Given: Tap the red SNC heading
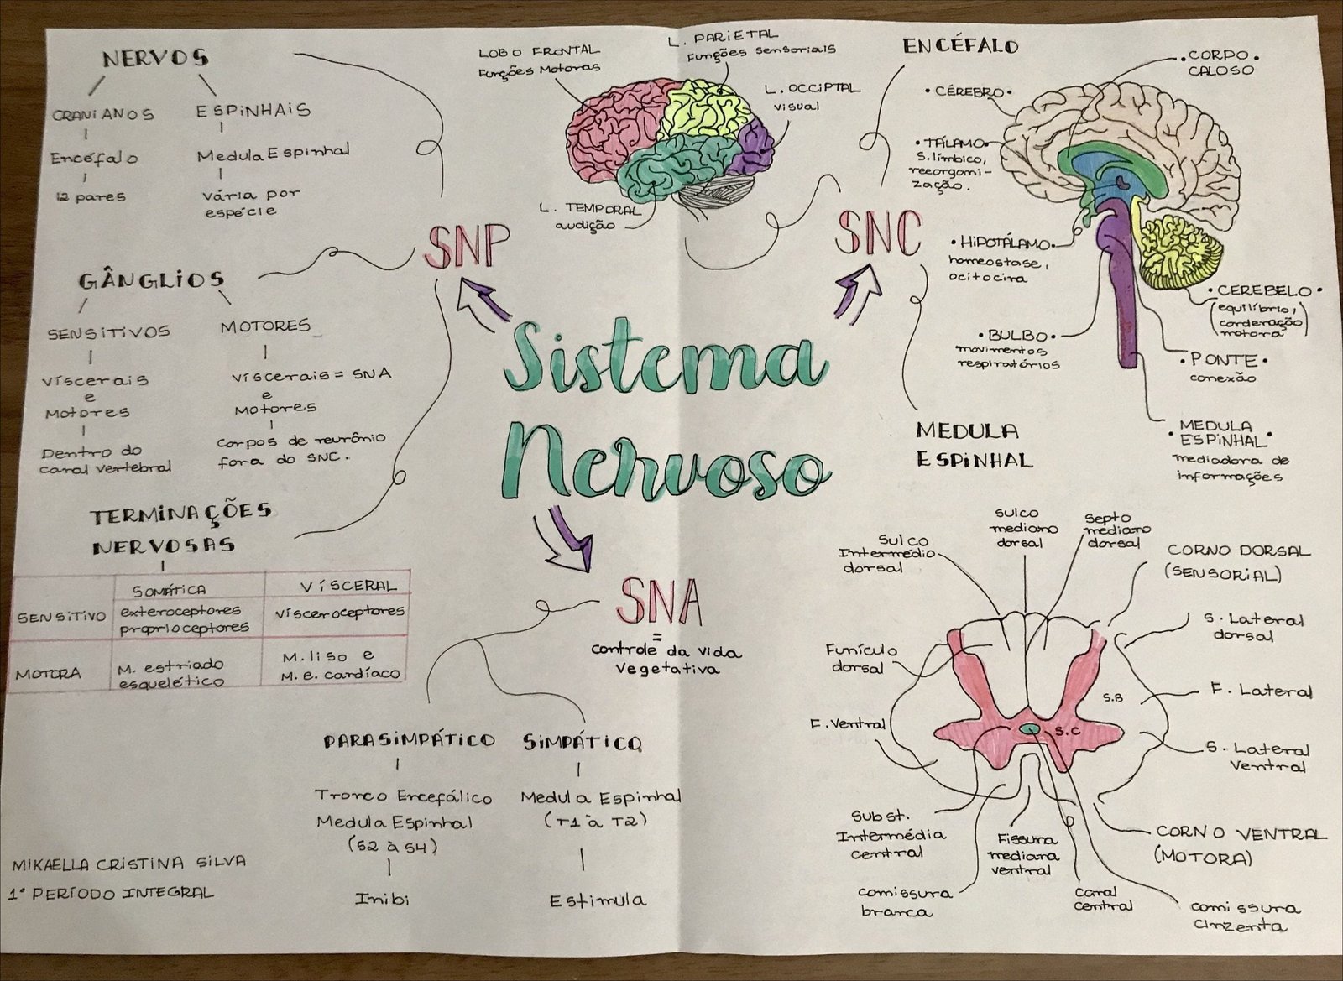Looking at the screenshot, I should (x=879, y=233).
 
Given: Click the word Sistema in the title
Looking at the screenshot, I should (x=667, y=361).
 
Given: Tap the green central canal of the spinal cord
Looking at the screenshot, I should (x=1032, y=728).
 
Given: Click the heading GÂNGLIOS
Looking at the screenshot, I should (x=153, y=279).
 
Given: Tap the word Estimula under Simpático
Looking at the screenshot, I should (x=597, y=901).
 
